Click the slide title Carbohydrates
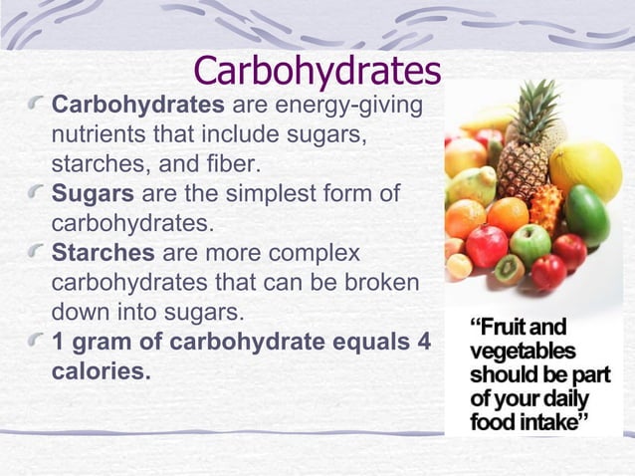(x=317, y=70)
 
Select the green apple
(x=529, y=242)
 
